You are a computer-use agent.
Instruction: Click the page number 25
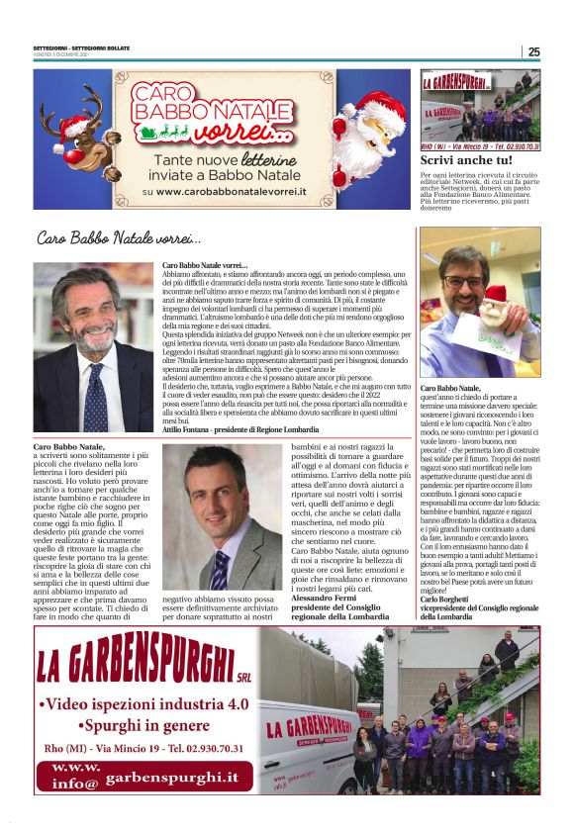point(533,51)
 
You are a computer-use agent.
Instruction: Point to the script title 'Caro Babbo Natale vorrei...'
point(119,238)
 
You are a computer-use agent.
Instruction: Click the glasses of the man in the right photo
point(464,280)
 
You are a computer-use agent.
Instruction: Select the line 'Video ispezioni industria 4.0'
point(144,705)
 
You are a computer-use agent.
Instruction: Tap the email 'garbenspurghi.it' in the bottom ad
point(172,779)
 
